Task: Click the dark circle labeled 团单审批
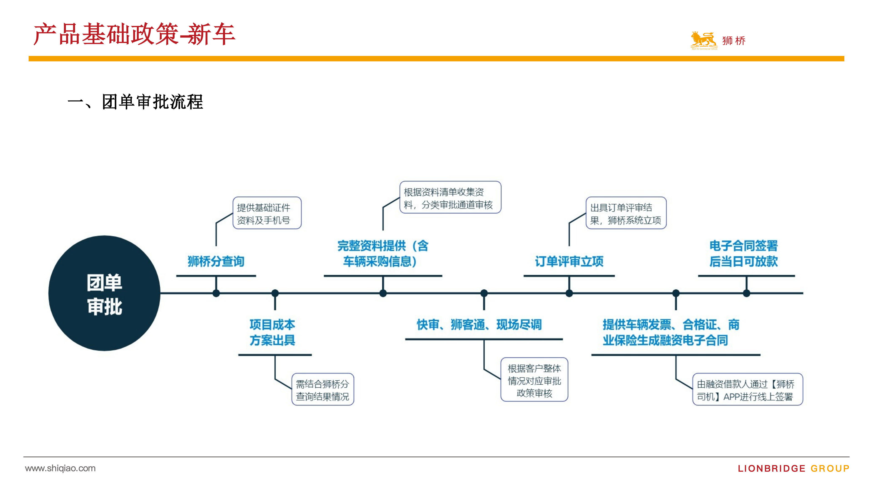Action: click(x=104, y=293)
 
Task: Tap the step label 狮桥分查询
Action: click(x=216, y=261)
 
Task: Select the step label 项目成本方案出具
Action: click(x=273, y=332)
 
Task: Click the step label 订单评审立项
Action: click(x=569, y=261)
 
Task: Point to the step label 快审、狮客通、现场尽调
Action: click(x=479, y=325)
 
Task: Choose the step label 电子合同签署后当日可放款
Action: click(x=744, y=253)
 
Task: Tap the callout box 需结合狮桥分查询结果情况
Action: click(x=323, y=389)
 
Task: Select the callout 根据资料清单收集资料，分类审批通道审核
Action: click(x=450, y=197)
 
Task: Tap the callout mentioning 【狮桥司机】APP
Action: click(x=748, y=389)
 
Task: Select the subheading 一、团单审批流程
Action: click(x=135, y=102)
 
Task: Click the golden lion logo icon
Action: click(x=704, y=40)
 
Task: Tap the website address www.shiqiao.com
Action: click(x=60, y=468)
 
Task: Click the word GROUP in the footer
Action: click(x=830, y=469)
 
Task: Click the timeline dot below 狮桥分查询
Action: click(x=216, y=293)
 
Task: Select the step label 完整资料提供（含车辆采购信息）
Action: click(x=383, y=253)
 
